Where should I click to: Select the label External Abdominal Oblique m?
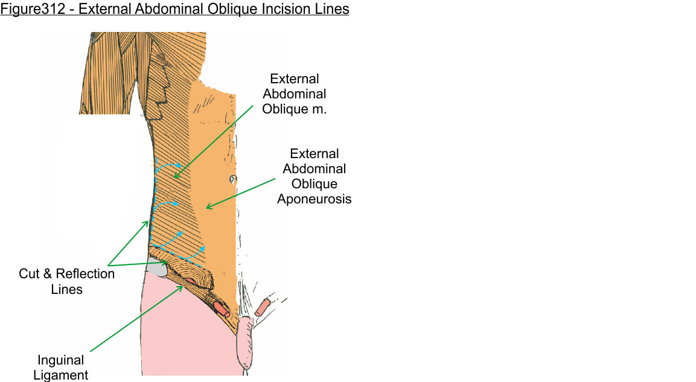coord(295,94)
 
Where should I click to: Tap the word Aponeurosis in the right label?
coord(314,199)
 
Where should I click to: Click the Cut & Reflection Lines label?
coord(66,281)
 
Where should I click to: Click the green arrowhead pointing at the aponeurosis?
coord(208,207)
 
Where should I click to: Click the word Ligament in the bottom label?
coord(60,375)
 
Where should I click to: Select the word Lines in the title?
coord(333,10)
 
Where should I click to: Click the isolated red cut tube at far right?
coord(263,308)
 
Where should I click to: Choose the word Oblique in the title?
coord(225,10)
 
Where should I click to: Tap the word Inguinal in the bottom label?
coord(60,360)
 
